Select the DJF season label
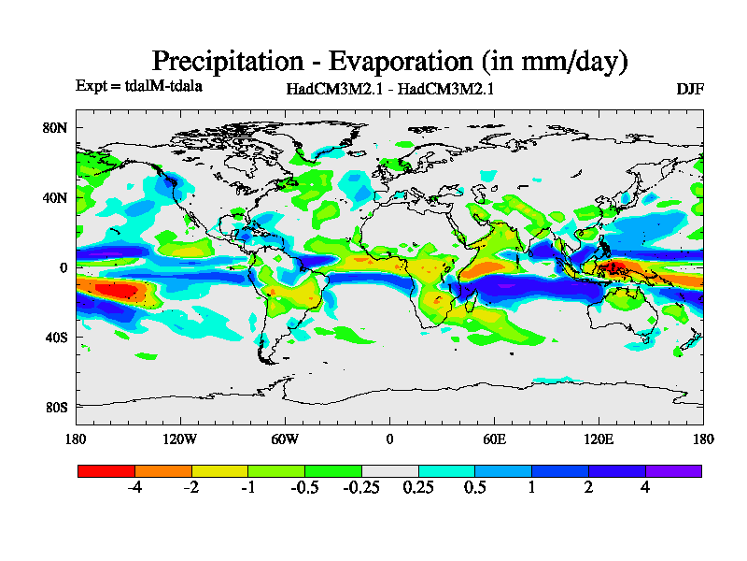click(x=689, y=89)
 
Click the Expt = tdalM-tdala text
click(x=139, y=86)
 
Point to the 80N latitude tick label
click(x=56, y=127)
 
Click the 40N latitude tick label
click(x=56, y=197)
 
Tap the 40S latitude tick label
click(x=56, y=337)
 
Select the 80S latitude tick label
click(x=56, y=407)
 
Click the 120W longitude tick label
click(x=179, y=439)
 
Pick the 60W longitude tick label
click(x=284, y=439)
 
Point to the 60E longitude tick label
click(x=494, y=439)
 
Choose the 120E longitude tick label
click(x=599, y=439)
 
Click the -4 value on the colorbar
click(x=134, y=487)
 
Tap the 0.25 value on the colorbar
click(x=418, y=487)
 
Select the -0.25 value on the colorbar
click(x=361, y=487)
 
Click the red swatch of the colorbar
click(x=106, y=470)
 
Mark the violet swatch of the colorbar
click(x=673, y=470)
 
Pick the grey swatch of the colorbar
click(x=389, y=470)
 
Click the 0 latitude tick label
click(x=64, y=267)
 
